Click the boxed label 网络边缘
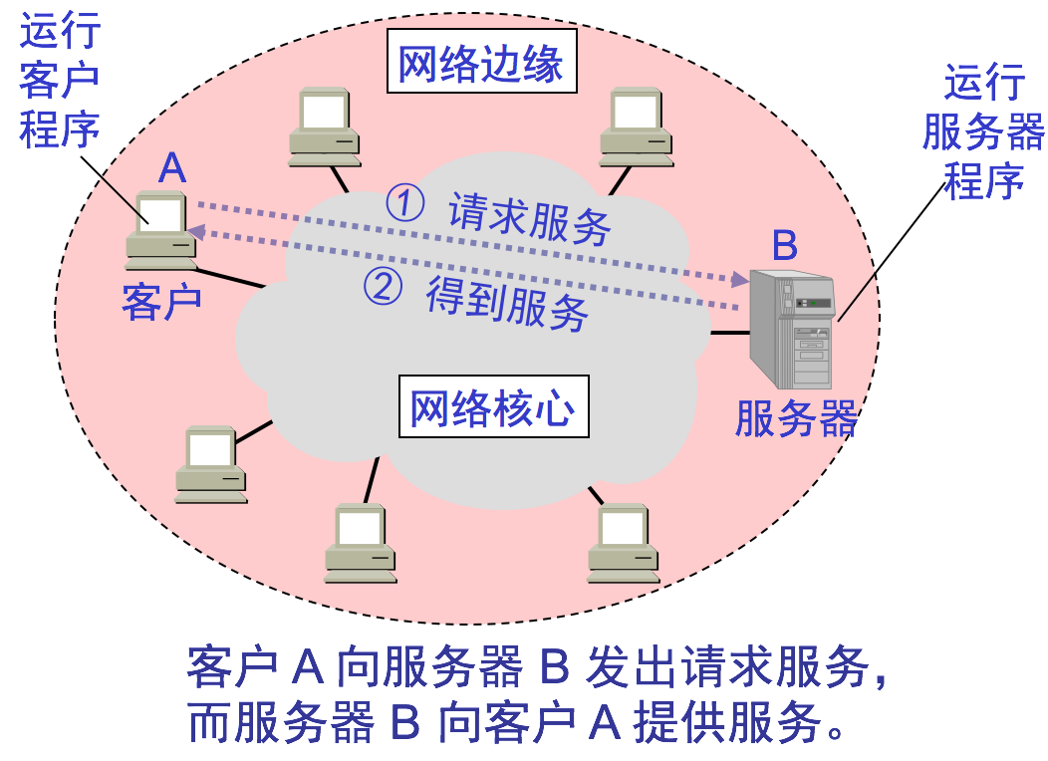(481, 65)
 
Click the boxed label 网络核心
(493, 406)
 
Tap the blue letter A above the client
(172, 168)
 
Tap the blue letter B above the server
(785, 245)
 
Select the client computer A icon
(161, 231)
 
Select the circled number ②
(383, 287)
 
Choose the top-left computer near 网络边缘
(325, 127)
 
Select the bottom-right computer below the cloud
(623, 543)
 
